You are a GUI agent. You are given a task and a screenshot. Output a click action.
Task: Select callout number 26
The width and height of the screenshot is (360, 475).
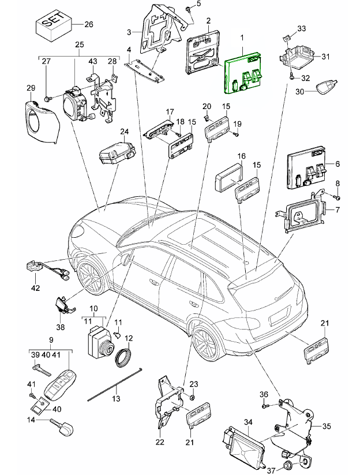point(88,24)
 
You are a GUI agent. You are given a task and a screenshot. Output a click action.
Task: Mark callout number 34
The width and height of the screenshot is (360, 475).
point(248,422)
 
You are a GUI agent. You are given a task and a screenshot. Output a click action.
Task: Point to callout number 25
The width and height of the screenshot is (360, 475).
point(80,45)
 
